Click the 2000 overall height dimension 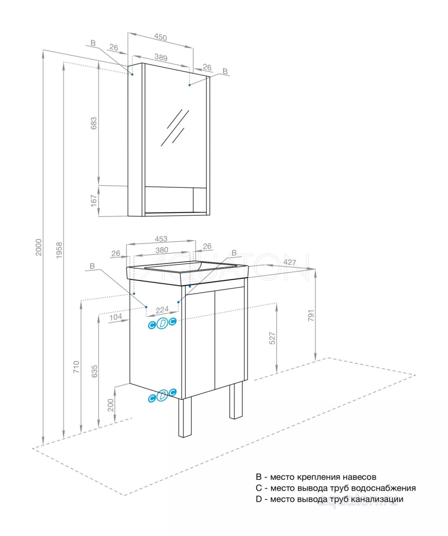point(38,247)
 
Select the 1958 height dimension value point(59,251)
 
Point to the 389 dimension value point(161,57)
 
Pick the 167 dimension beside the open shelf point(94,201)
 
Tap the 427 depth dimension point(290,263)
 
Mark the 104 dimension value point(116,317)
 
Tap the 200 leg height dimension point(111,405)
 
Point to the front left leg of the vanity point(185,417)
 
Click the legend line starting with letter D point(329,499)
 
